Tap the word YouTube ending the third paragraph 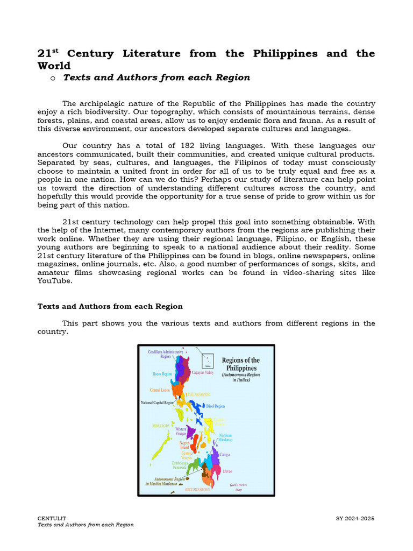pos(53,281)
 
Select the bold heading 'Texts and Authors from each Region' pos(110,306)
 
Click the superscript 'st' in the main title pos(55,51)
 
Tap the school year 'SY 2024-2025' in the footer pos(355,518)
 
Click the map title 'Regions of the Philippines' pos(240,364)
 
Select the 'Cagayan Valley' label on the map pos(202,372)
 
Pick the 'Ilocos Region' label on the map pos(162,373)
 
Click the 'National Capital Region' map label pos(158,402)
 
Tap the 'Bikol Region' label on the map pos(215,406)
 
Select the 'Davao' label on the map pos(227,471)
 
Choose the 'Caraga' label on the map pos(225,455)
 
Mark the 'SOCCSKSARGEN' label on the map pos(198,490)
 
